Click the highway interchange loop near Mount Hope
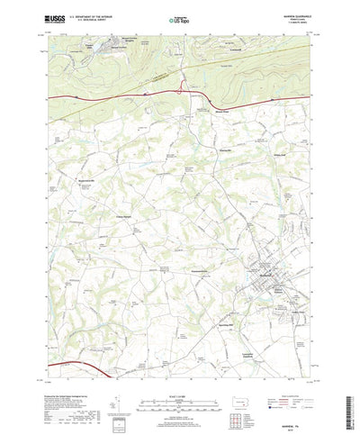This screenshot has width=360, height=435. pyautogui.click(x=184, y=87)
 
